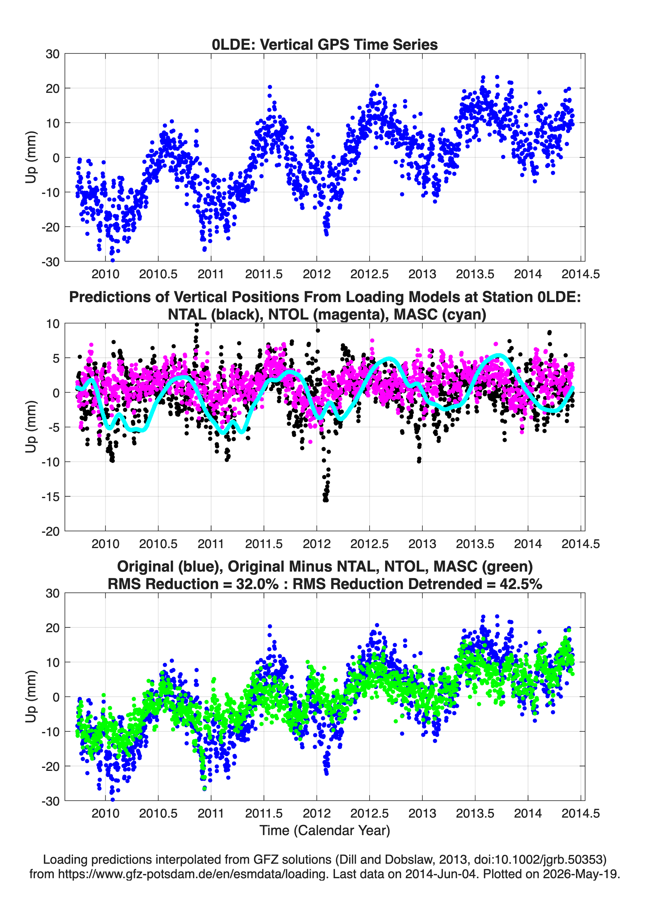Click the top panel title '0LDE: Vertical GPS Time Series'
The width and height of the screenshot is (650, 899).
click(325, 44)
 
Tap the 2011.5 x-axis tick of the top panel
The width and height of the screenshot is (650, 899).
click(264, 274)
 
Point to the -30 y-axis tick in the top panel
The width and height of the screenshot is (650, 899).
click(50, 262)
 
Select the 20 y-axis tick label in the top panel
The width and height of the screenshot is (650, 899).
click(53, 88)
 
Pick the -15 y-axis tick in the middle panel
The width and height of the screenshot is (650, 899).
click(50, 497)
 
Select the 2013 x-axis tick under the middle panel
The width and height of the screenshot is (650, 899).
click(422, 544)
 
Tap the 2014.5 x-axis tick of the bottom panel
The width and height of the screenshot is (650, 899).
click(581, 813)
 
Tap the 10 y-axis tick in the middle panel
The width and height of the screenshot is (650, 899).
click(53, 324)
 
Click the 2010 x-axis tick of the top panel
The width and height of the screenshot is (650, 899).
click(106, 274)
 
